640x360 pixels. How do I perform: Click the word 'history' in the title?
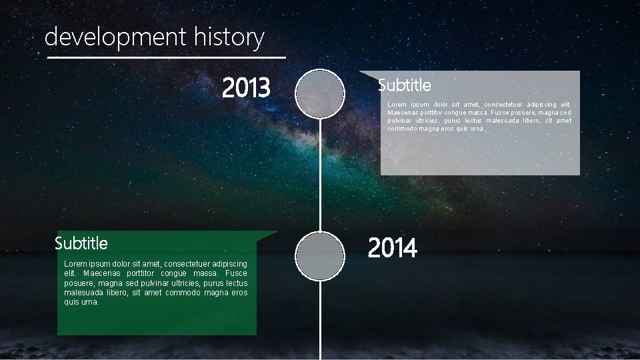click(x=229, y=37)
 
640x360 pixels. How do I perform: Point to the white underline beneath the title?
click(x=167, y=58)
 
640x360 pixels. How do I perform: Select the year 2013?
click(x=246, y=87)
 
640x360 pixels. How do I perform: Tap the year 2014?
click(x=392, y=248)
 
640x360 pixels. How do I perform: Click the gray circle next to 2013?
click(x=320, y=94)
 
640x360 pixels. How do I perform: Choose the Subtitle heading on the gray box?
click(x=404, y=85)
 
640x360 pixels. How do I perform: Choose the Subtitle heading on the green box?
click(x=81, y=243)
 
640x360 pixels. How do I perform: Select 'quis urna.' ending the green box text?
click(x=81, y=302)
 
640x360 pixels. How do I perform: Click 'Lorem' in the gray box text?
click(x=397, y=105)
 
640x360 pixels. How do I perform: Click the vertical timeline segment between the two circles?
click(x=321, y=173)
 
